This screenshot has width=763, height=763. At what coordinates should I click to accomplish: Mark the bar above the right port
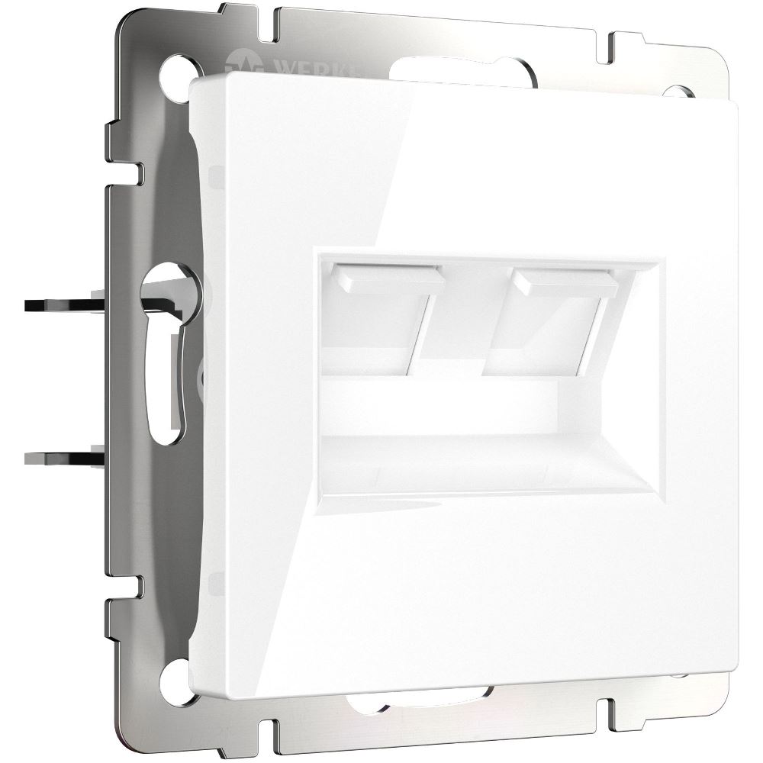[x=565, y=282]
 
